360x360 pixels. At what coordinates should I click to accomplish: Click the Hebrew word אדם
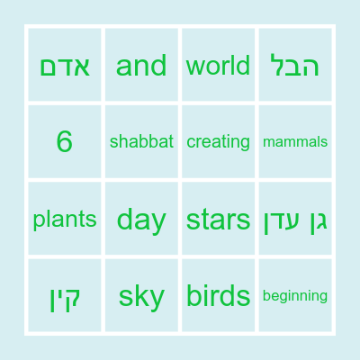[x=65, y=66]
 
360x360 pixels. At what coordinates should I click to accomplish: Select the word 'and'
[x=141, y=66]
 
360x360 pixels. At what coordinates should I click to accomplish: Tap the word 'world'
[x=218, y=66]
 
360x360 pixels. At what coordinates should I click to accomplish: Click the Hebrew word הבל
[x=295, y=66]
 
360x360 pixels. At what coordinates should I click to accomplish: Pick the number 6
[x=65, y=141]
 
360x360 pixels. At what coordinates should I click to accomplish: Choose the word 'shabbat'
[x=141, y=141]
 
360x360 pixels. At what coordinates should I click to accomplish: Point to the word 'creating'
[x=218, y=141]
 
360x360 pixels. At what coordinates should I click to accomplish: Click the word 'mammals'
[x=295, y=141]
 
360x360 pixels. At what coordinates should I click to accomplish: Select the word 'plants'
[x=65, y=220]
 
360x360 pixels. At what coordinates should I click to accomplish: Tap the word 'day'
[x=141, y=220]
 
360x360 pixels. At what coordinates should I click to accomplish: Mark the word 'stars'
[x=218, y=220]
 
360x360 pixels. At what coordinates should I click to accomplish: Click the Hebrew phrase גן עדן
[x=295, y=220]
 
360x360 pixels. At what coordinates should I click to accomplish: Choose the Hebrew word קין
[x=65, y=296]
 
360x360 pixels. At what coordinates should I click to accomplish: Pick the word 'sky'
[x=141, y=296]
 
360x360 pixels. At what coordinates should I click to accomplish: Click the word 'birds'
[x=218, y=296]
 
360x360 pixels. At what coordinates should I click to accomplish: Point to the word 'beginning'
[x=295, y=296]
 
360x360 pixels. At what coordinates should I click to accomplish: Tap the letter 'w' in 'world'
[x=193, y=67]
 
